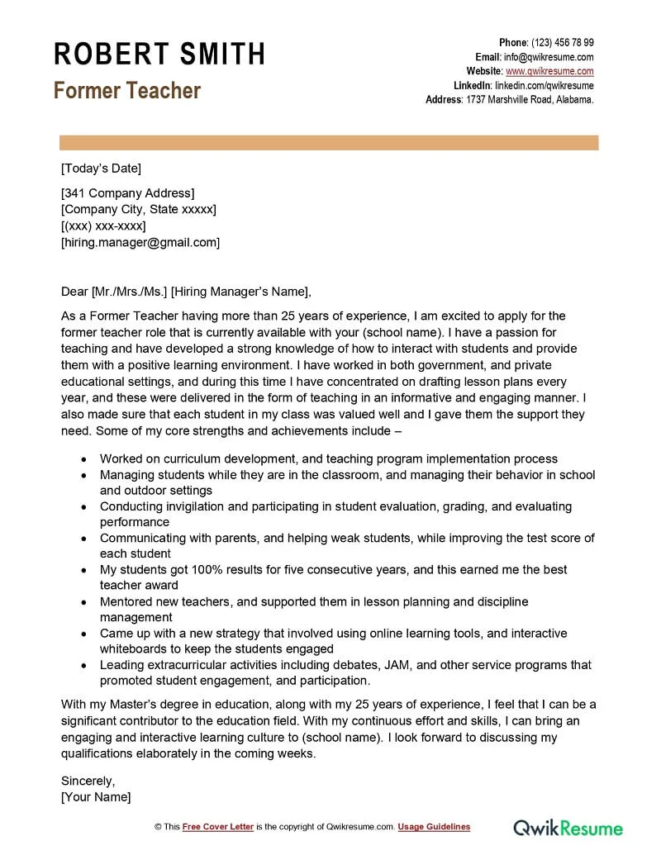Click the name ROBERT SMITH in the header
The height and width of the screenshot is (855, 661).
coord(159,54)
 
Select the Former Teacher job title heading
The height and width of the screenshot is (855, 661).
coord(127,90)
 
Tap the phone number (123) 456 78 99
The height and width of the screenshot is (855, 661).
coord(562,43)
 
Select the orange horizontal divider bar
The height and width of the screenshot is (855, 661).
coord(328,143)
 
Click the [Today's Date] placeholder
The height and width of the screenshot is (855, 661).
coord(101,169)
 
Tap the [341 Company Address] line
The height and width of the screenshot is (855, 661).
coord(128,193)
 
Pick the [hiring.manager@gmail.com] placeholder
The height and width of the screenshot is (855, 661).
coord(140,242)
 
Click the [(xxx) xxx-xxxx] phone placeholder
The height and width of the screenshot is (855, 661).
coord(103,226)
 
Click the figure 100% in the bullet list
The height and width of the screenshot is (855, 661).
coord(209,570)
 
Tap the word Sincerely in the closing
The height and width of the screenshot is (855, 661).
coord(88,781)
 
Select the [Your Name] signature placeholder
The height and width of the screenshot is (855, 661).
coord(96,797)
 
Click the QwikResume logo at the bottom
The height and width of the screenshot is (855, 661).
coord(568,827)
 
